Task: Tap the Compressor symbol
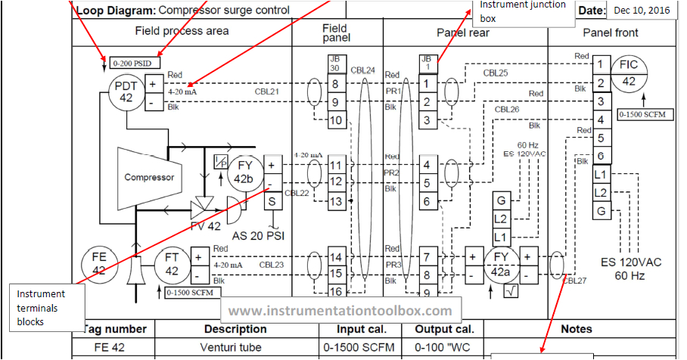(149, 177)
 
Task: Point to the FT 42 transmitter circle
(172, 264)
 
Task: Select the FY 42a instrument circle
(499, 264)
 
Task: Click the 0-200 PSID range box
(135, 64)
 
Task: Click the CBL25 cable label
(496, 73)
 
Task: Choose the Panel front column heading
(610, 33)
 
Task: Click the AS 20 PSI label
(257, 234)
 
